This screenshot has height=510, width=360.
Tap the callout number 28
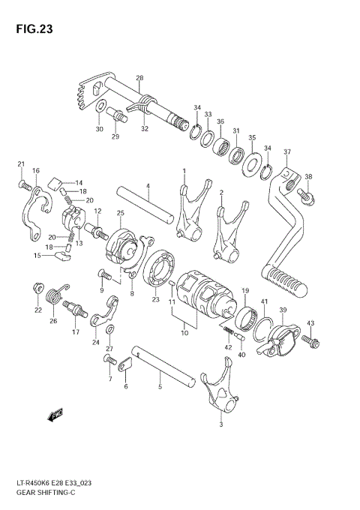pos(139,78)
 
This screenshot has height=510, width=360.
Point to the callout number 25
pos(120,214)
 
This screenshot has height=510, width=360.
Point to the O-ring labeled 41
pos(264,325)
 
